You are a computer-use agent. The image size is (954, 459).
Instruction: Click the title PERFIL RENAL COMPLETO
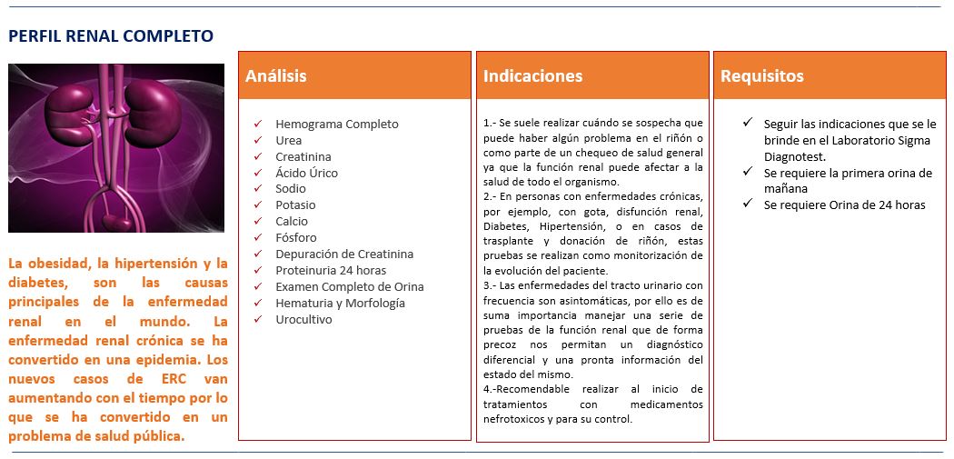click(x=111, y=36)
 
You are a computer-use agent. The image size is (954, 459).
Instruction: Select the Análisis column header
click(x=276, y=76)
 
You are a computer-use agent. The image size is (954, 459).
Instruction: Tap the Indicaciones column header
click(x=532, y=76)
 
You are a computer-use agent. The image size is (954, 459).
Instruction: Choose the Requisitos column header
click(x=761, y=76)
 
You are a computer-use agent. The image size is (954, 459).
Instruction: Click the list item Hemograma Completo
click(x=336, y=125)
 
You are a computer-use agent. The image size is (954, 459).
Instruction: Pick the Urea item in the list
click(x=288, y=141)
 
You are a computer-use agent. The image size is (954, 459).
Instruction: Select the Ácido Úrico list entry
click(x=306, y=173)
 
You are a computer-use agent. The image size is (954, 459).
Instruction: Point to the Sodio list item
click(x=291, y=189)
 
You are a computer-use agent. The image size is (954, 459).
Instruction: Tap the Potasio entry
click(x=295, y=205)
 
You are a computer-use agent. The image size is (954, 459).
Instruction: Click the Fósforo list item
click(x=296, y=238)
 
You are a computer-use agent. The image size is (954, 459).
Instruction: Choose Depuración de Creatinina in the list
click(x=343, y=254)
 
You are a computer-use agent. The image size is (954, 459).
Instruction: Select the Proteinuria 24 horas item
click(x=330, y=271)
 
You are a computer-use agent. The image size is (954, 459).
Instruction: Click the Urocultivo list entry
click(x=303, y=320)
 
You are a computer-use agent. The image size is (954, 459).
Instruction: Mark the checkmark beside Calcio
click(x=258, y=221)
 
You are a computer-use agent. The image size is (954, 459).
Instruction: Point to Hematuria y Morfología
click(x=340, y=304)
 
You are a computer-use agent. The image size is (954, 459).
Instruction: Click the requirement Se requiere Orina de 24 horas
click(x=844, y=205)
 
